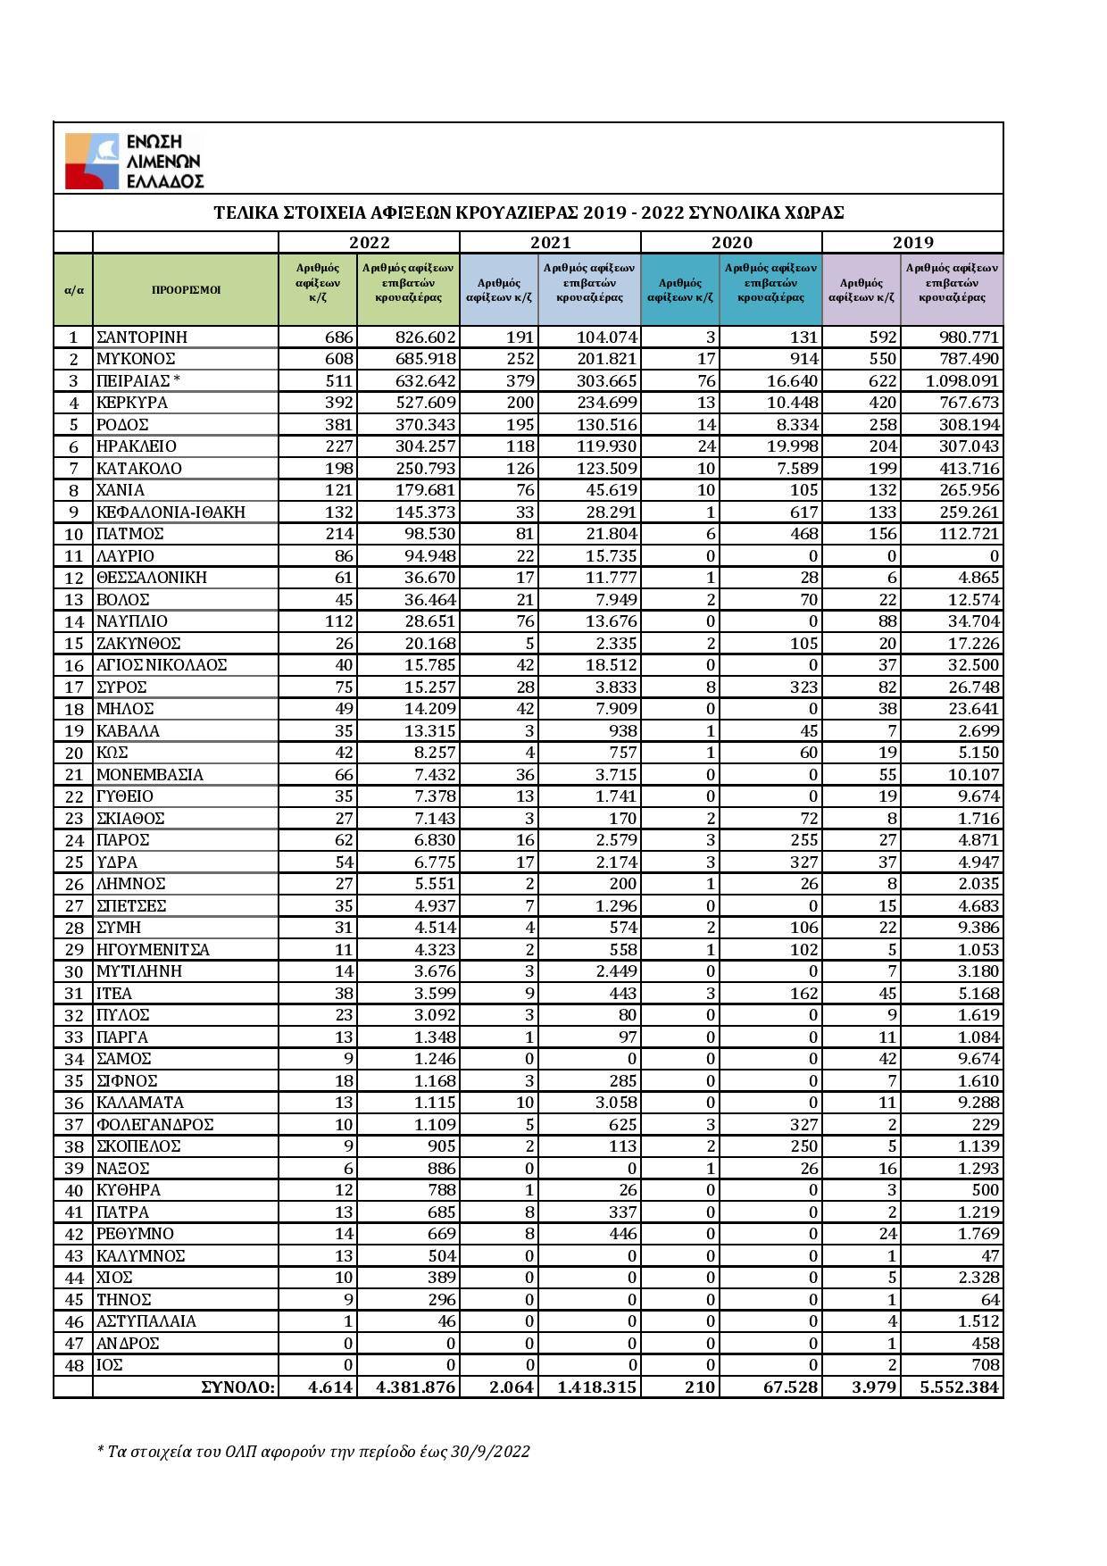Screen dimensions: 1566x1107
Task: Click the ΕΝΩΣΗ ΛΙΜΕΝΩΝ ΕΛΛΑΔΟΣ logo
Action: point(134,161)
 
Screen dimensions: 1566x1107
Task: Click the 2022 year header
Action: point(369,242)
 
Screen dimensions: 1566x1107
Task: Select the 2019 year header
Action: point(912,242)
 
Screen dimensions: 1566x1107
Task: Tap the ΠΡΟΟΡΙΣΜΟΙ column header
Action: point(186,289)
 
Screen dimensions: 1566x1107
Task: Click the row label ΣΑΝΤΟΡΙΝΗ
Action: point(142,337)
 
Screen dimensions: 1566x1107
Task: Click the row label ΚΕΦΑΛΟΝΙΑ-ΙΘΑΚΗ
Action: point(171,512)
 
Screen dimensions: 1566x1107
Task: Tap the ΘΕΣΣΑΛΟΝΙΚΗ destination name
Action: point(152,578)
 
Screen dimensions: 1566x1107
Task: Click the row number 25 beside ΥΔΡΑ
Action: point(73,862)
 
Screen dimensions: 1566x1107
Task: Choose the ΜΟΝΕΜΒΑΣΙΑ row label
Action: point(150,775)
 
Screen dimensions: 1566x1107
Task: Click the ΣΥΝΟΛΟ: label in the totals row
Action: point(238,1387)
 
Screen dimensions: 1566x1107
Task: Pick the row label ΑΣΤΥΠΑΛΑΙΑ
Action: point(146,1321)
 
